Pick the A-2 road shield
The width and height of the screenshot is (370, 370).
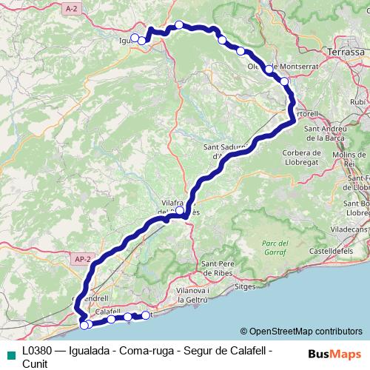tap(71, 8)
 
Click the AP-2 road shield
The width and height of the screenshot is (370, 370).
tap(82, 259)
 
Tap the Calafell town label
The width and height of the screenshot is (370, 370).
tap(108, 311)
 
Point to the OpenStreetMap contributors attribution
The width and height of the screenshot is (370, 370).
tap(302, 331)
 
